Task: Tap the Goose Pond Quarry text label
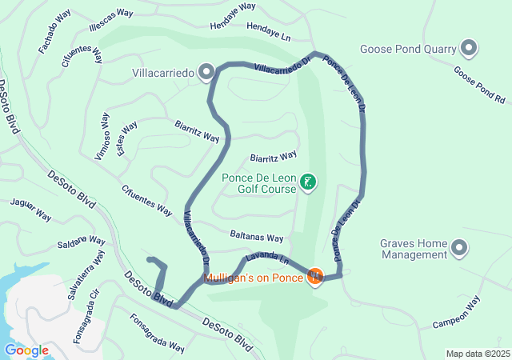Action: pos(408,49)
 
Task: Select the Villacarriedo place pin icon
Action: pos(206,74)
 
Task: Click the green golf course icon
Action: pos(307,183)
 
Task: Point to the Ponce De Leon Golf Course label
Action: pos(260,184)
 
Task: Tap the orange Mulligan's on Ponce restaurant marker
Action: pos(315,277)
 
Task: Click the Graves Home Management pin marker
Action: pos(459,248)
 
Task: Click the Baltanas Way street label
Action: pos(256,238)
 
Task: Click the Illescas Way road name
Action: pos(111,14)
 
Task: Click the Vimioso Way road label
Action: pos(101,137)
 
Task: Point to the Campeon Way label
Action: pos(455,313)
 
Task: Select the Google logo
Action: pos(26,350)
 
